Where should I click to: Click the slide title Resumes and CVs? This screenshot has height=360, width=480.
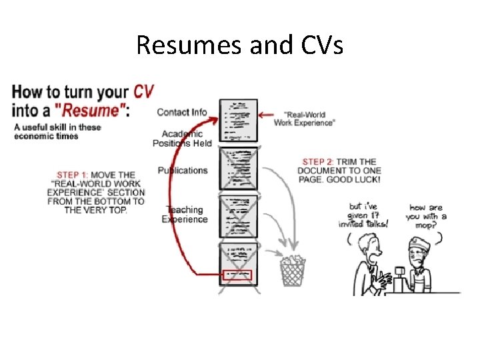click(x=239, y=45)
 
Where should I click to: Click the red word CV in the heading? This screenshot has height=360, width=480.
click(x=145, y=91)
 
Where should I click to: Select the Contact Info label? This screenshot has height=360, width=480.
click(x=182, y=112)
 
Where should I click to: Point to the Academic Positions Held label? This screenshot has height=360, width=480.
click(x=182, y=139)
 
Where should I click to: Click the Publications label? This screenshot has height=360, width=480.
click(x=183, y=170)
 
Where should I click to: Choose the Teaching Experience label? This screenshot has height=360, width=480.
click(x=185, y=215)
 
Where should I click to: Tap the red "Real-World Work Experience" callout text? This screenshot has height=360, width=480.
click(x=305, y=119)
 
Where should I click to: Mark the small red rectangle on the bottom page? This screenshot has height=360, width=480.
click(x=238, y=274)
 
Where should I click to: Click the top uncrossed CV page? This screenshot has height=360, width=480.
click(x=238, y=120)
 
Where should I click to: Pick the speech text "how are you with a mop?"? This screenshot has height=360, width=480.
click(x=427, y=216)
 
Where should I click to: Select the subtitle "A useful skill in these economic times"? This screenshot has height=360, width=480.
click(x=57, y=131)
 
